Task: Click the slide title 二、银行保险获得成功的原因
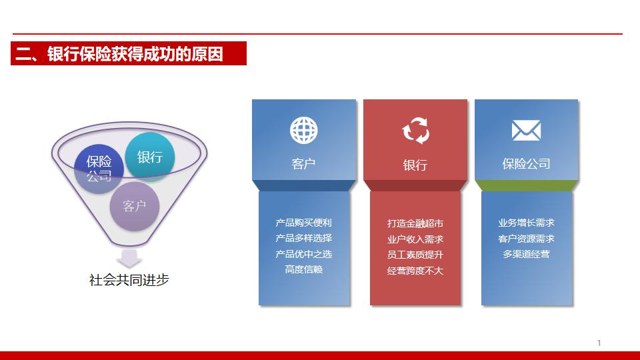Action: tap(119, 54)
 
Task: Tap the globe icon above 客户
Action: tap(303, 130)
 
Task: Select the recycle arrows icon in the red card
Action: tap(415, 131)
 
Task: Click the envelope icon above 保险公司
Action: tap(526, 130)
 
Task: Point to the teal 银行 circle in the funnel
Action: tap(150, 157)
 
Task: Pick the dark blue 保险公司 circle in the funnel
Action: tap(99, 168)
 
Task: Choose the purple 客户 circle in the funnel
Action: tap(134, 206)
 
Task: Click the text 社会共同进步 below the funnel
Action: tap(129, 279)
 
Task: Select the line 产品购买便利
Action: tap(303, 223)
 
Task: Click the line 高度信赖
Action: tap(303, 269)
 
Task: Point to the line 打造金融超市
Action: tap(415, 223)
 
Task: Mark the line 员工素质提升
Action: tap(415, 255)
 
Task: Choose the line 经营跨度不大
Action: tap(415, 271)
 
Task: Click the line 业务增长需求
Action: tap(526, 223)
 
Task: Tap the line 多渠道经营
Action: tap(526, 254)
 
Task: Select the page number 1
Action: tap(599, 343)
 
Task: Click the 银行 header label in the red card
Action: tap(415, 165)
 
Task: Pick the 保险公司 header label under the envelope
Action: tap(526, 164)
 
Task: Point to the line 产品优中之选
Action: tap(303, 254)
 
